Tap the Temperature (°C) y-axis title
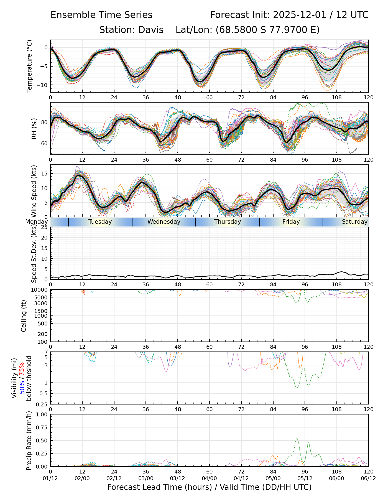[x=30, y=66]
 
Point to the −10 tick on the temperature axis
[x=43, y=85]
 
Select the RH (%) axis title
[x=34, y=129]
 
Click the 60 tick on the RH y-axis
[x=45, y=143]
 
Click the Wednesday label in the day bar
[x=164, y=222]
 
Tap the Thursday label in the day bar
[x=228, y=222]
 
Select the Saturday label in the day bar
[x=354, y=222]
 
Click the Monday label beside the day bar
[x=37, y=222]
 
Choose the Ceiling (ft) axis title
[x=24, y=316]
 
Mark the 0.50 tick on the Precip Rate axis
[x=42, y=441]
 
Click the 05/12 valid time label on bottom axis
[x=305, y=479]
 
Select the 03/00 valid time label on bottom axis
[x=146, y=479]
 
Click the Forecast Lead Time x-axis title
[x=209, y=487]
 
